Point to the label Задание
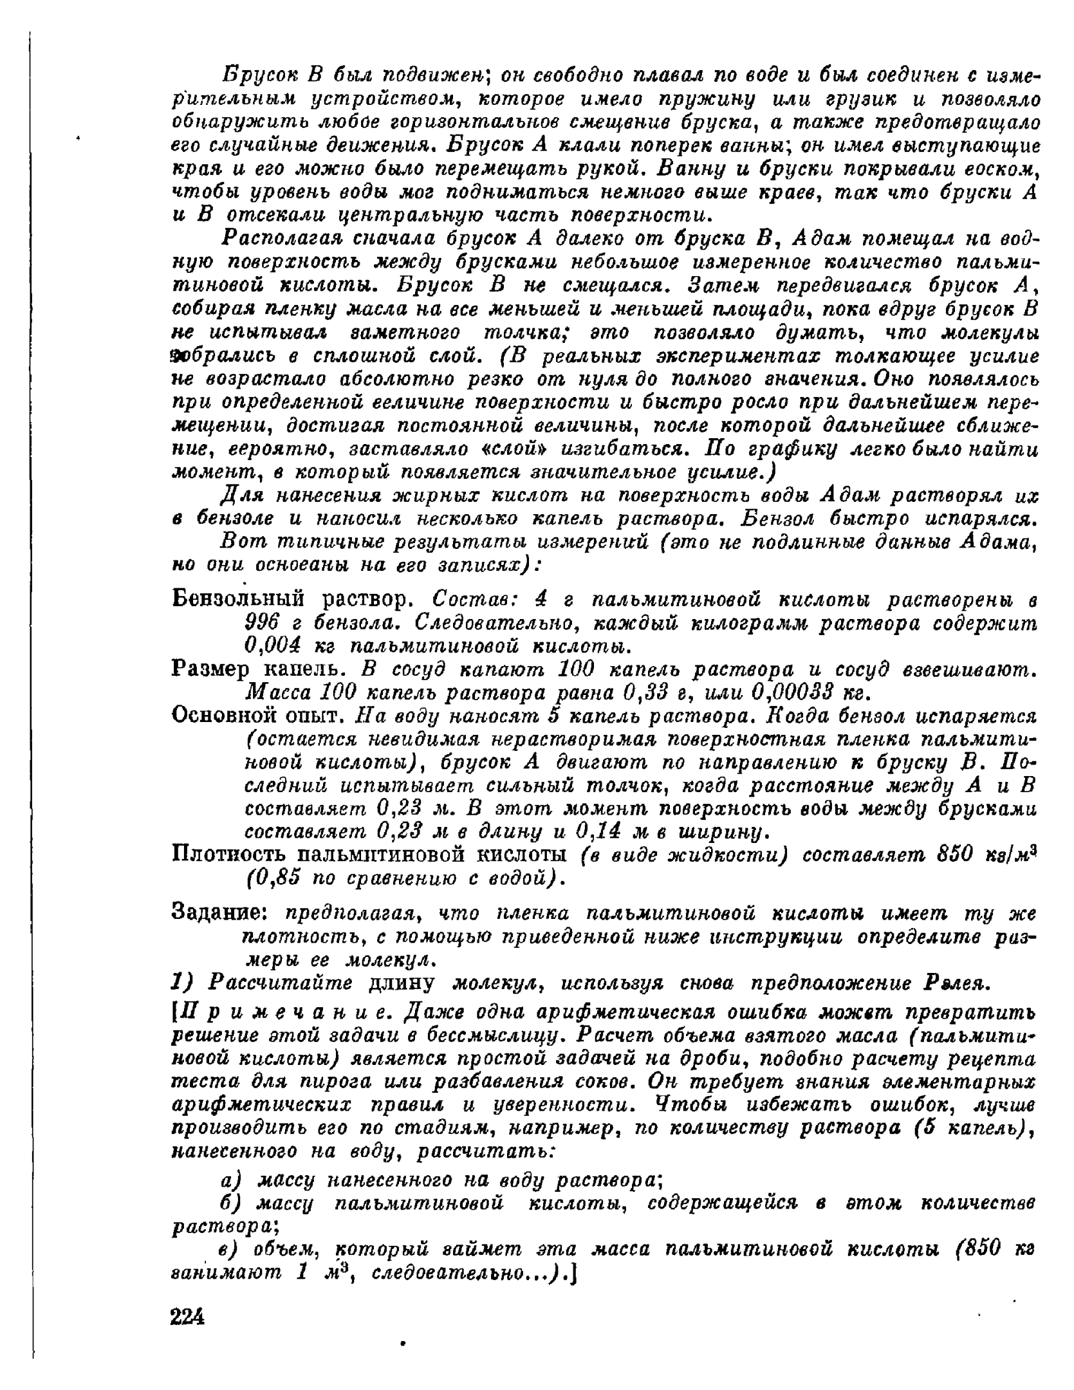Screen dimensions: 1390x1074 [219, 913]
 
